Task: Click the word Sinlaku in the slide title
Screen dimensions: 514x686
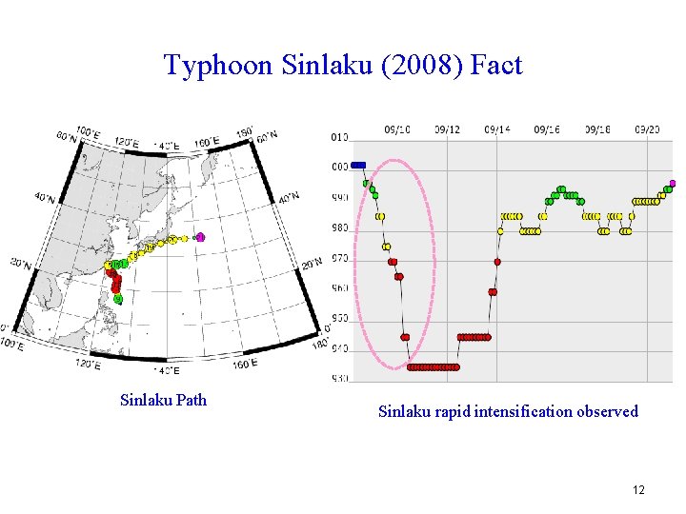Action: coord(304,65)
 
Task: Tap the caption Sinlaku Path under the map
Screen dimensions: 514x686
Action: coord(163,399)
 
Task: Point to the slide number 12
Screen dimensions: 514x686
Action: coord(637,489)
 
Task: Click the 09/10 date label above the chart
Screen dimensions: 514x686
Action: coord(397,129)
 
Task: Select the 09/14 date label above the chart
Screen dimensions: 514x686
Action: coord(496,129)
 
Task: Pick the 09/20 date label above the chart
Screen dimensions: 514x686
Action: coord(647,129)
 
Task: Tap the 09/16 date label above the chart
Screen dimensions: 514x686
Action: coord(546,129)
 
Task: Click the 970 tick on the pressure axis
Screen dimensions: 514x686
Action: coord(339,258)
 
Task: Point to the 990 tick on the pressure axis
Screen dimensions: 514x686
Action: coord(339,197)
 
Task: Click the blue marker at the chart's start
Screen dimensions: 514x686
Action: coord(358,165)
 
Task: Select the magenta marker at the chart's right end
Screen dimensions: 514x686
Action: coord(672,183)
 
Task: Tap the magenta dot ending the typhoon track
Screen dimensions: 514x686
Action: coord(200,237)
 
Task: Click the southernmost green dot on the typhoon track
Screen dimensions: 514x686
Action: coord(118,298)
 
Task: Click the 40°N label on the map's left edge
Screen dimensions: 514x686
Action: coord(45,197)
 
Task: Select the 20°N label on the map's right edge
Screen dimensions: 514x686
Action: coord(312,264)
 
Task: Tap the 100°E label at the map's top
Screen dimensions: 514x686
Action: coord(89,132)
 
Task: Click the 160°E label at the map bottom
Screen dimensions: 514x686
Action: coord(244,364)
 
